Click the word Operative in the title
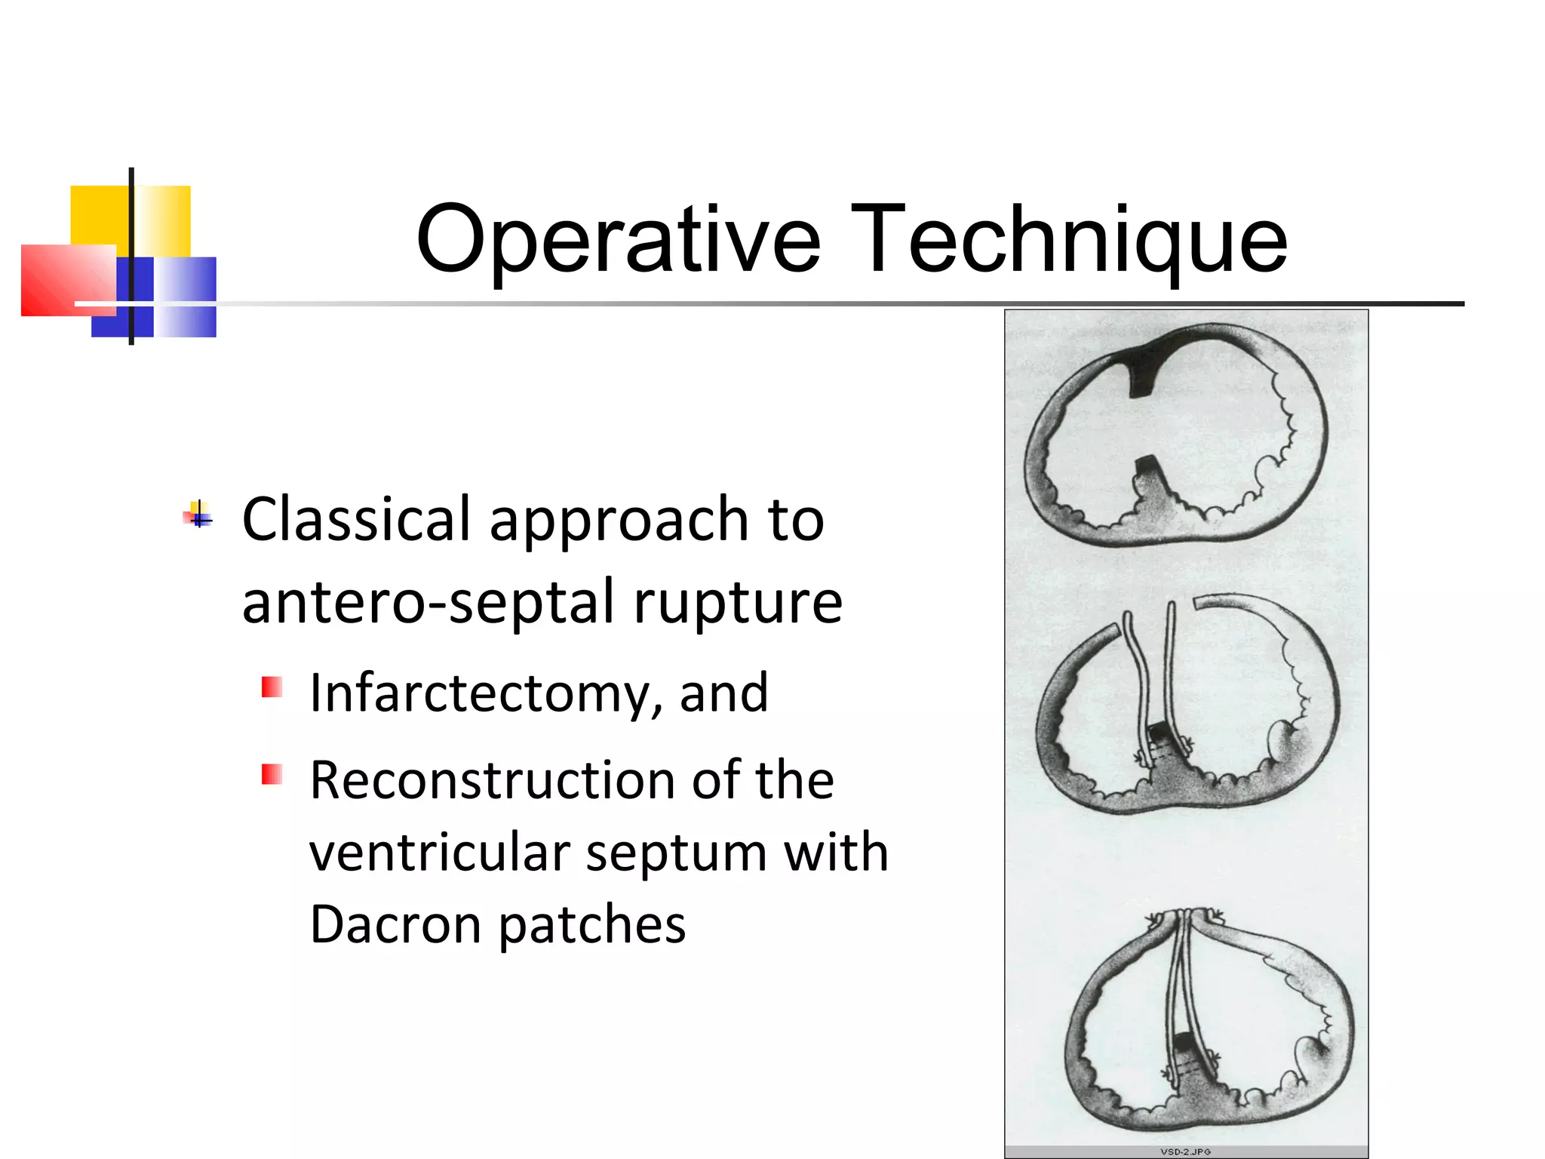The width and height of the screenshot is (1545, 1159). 618,240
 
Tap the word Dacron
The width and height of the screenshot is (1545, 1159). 395,925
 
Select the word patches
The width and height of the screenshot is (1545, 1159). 592,925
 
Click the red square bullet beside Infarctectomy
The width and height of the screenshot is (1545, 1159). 272,687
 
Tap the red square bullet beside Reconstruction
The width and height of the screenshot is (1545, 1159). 272,775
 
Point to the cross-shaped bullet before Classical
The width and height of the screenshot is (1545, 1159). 198,516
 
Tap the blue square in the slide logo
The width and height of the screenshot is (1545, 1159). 181,296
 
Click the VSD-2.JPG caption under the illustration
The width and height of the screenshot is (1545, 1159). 1185,1151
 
